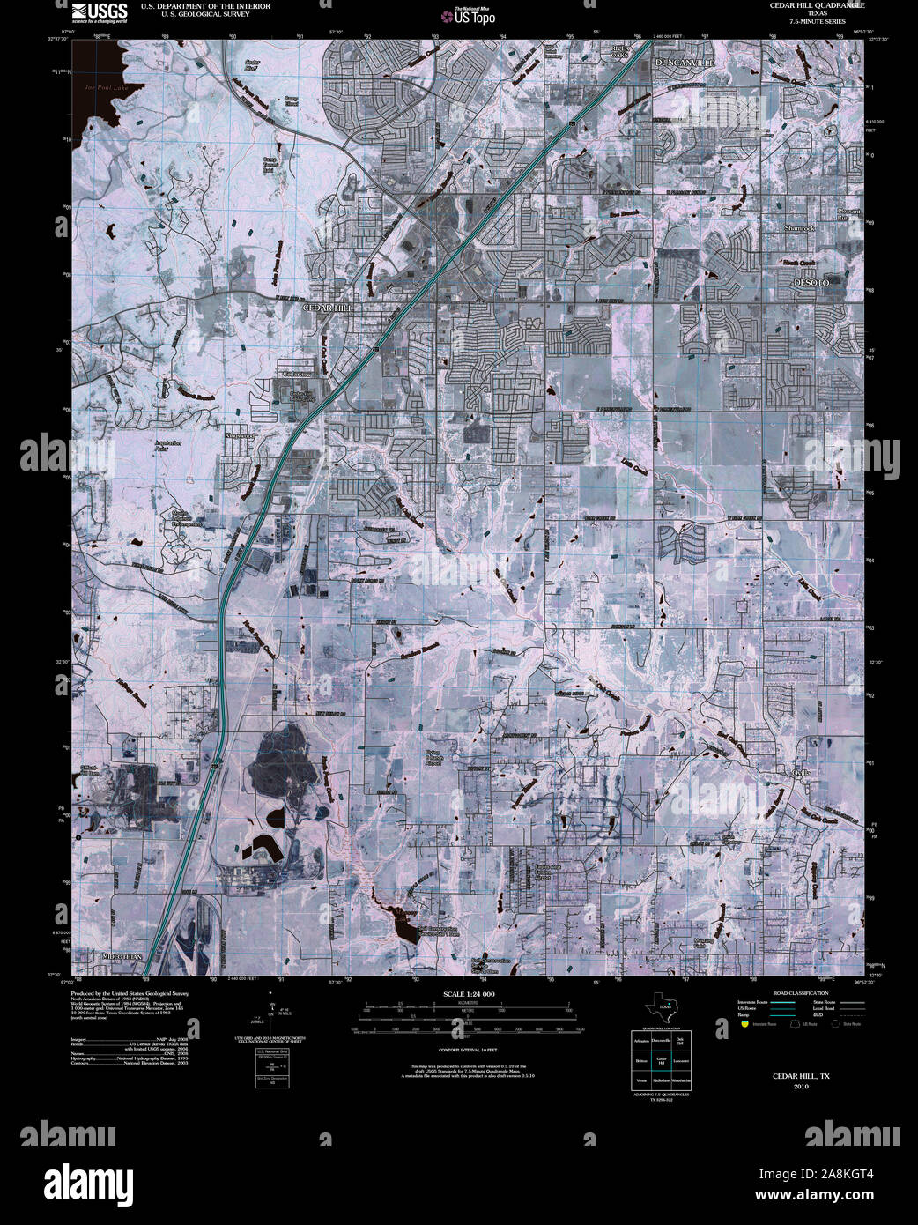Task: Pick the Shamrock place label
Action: pos(800,227)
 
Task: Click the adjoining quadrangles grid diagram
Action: pos(659,1063)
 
